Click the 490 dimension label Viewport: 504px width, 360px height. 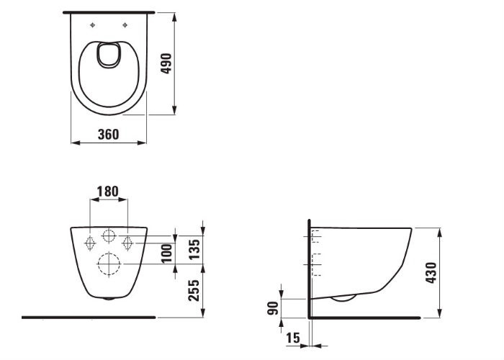pos(166,63)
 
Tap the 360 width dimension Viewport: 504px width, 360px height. pos(108,135)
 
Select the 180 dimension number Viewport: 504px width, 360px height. pos(108,192)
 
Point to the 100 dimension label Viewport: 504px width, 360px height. pos(167,253)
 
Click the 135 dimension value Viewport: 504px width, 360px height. pos(194,250)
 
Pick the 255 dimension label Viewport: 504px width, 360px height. pos(194,290)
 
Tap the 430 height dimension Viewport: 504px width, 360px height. pos(431,273)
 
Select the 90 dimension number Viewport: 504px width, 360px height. pos(273,309)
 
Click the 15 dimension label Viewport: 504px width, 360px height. pos(293,338)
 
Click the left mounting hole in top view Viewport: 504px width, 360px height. pos(93,25)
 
